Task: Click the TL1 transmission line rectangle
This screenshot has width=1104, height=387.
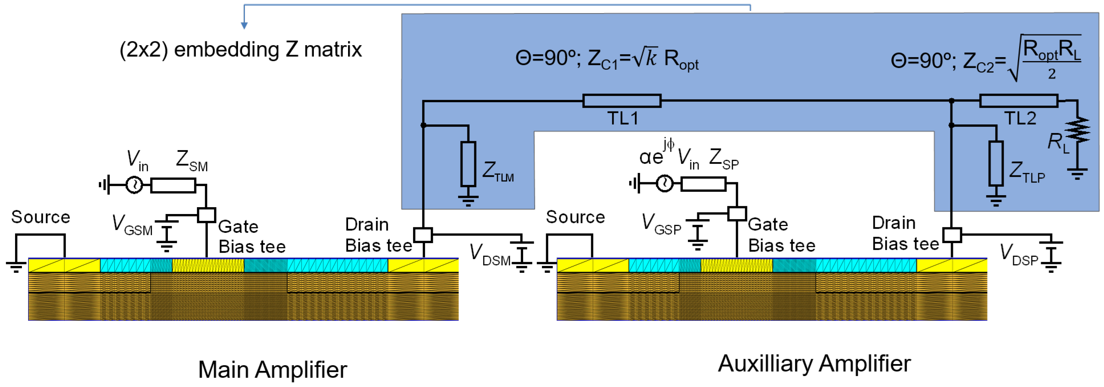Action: click(622, 101)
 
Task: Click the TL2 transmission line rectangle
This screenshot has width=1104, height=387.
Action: click(1018, 101)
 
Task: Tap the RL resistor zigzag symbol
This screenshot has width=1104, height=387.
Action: click(1077, 130)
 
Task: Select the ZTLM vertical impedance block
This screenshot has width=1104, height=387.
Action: click(468, 164)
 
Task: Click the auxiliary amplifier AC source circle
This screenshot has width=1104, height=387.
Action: click(664, 184)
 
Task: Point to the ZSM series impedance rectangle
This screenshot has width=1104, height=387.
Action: click(173, 185)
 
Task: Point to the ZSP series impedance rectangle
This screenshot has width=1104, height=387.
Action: click(703, 184)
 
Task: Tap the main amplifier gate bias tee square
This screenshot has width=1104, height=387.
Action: click(206, 215)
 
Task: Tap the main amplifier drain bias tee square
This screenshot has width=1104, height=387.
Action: click(423, 235)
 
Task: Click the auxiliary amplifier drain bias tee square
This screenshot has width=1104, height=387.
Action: click(952, 235)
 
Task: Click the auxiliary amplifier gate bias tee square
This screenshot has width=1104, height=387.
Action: click(737, 213)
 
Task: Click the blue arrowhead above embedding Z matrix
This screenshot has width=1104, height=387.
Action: click(244, 25)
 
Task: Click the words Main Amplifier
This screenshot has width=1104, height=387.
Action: click(272, 370)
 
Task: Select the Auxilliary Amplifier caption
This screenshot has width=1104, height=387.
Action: click(814, 363)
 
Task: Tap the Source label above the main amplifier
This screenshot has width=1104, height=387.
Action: click(41, 217)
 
